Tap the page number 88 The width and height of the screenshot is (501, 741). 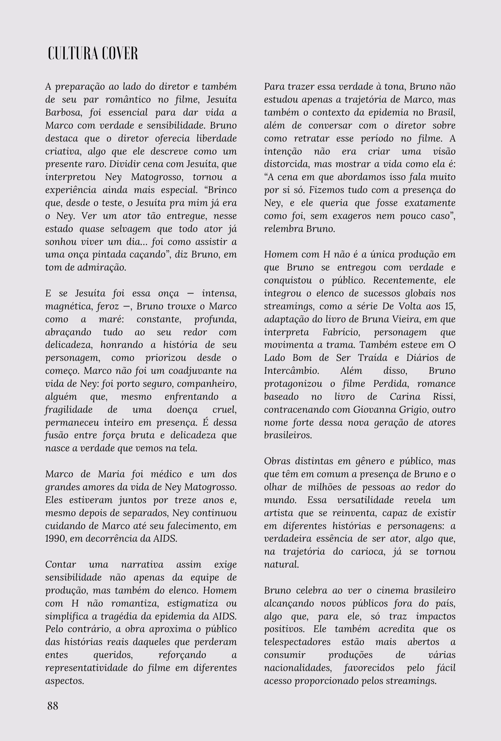pos(53,706)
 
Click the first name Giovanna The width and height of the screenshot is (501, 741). pos(373,410)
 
